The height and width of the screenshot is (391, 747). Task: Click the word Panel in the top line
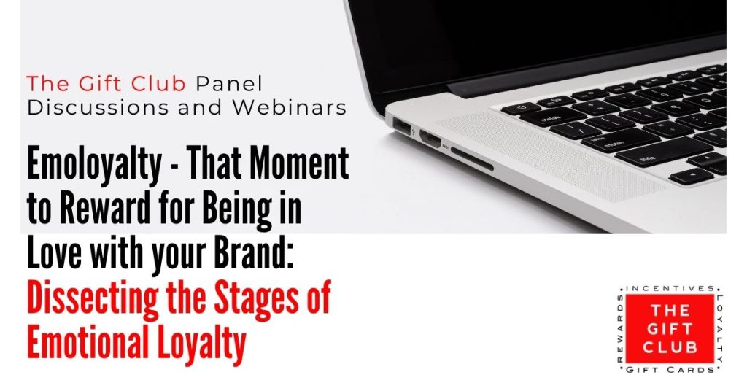click(x=229, y=85)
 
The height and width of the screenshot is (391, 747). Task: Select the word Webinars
click(x=289, y=108)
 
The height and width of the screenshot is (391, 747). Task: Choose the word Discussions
click(x=98, y=108)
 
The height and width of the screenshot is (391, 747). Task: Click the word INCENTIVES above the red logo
click(x=670, y=289)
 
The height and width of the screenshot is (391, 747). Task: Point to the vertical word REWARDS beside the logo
click(x=620, y=328)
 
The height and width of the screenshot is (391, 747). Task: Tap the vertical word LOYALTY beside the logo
click(x=719, y=328)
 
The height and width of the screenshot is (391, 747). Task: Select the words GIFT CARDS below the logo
click(x=670, y=370)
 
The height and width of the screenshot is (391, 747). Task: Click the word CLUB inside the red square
click(x=670, y=347)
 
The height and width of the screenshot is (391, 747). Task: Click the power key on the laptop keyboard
click(x=521, y=108)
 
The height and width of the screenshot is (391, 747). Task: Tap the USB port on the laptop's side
click(x=403, y=127)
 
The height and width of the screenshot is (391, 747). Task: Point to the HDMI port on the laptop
click(x=430, y=139)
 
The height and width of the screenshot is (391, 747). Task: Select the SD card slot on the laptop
click(x=472, y=159)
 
